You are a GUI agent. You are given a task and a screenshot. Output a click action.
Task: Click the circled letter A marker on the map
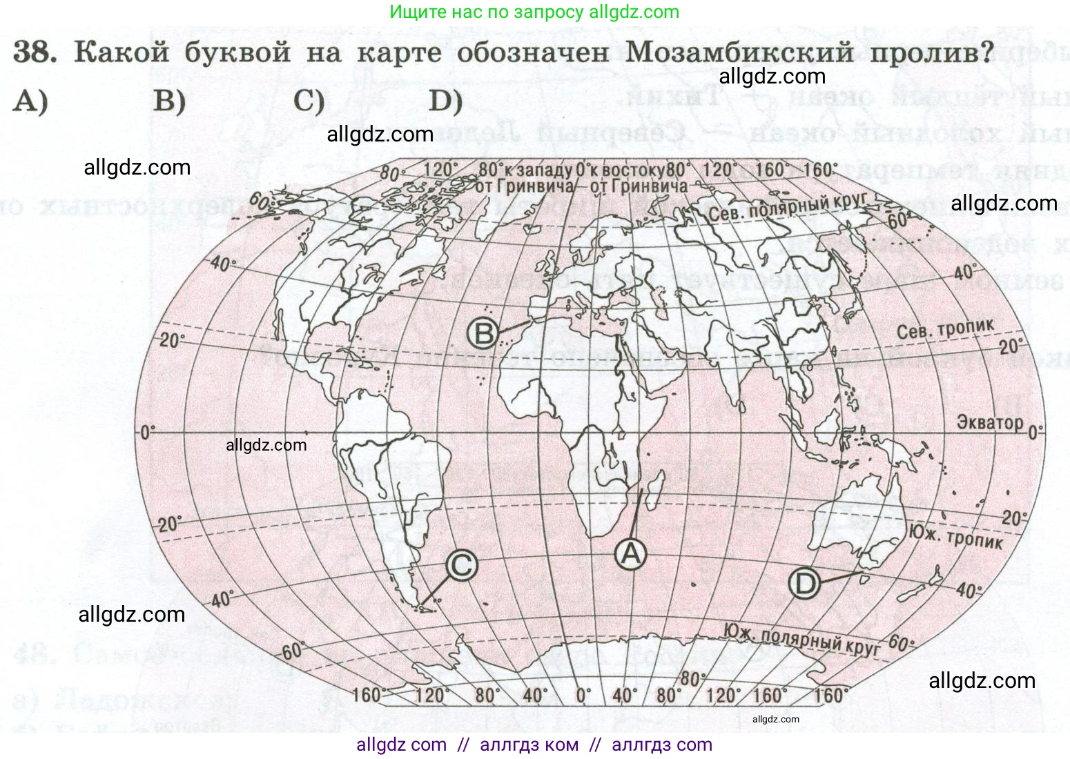[x=630, y=554]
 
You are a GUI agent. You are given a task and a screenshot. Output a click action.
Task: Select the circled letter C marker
[x=461, y=566]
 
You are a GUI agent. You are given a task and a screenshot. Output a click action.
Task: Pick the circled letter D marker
[x=804, y=584]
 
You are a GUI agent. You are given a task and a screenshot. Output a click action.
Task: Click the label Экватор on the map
[x=989, y=422]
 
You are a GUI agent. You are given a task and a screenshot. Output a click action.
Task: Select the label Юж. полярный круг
[x=801, y=639]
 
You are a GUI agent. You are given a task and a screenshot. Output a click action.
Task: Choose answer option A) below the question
[x=30, y=101]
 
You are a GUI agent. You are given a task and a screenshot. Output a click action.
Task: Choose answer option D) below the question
[x=445, y=101]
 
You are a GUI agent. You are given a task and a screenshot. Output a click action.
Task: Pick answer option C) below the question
[x=309, y=101]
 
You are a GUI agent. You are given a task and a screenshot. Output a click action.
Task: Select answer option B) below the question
[x=169, y=101]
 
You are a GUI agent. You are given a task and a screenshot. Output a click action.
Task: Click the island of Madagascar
[x=656, y=486]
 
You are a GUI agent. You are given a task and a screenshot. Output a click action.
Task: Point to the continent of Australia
[x=853, y=517]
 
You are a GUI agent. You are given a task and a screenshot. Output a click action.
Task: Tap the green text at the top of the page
[x=534, y=12]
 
